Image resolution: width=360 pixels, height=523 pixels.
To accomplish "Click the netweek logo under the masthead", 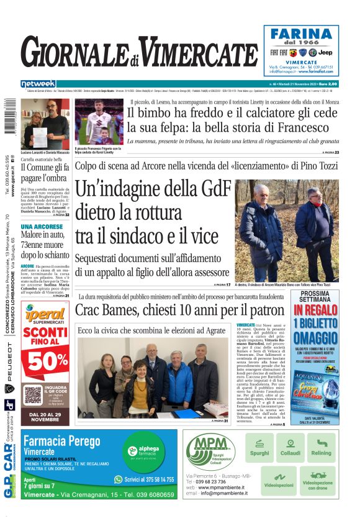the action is tap(38, 84).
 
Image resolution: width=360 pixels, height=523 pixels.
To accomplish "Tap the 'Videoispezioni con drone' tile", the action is tap(317, 481).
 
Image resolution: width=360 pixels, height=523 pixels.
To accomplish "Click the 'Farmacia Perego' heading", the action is tap(60, 442).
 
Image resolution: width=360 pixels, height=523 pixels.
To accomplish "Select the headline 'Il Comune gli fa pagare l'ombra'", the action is tap(45, 171).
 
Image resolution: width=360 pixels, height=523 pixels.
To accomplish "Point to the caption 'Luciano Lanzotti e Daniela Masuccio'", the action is tap(45, 153).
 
